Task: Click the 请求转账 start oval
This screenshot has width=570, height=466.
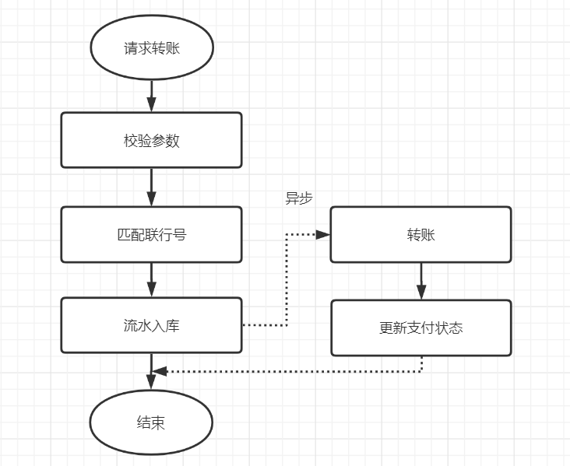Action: point(152,48)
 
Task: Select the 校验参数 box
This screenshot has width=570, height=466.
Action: point(152,141)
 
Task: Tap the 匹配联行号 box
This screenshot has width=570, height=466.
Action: point(152,234)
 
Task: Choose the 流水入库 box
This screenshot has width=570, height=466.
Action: point(152,326)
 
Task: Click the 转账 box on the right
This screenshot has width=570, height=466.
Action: point(420,234)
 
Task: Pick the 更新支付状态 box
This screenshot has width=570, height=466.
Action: point(420,328)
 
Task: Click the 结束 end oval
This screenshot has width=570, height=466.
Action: point(152,422)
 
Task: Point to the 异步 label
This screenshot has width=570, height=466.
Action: point(299,198)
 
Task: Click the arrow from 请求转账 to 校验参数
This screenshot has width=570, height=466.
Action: point(152,94)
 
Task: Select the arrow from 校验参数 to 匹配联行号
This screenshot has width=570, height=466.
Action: point(152,187)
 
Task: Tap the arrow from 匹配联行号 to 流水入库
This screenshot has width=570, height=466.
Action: point(152,279)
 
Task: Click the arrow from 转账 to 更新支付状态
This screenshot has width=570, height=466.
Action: point(421,281)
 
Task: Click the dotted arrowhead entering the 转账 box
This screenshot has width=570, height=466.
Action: point(323,233)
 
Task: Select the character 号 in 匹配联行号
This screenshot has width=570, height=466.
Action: point(180,234)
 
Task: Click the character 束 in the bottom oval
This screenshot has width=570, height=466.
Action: point(158,422)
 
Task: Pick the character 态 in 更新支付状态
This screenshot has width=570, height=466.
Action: point(456,328)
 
